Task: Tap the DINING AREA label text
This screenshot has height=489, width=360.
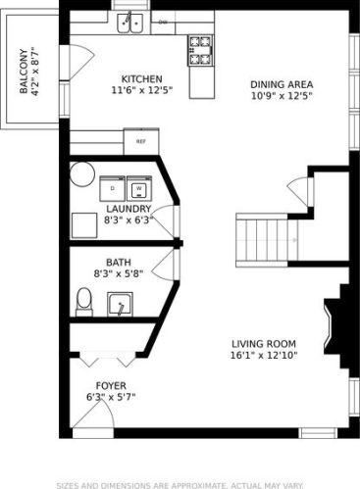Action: pos(279,84)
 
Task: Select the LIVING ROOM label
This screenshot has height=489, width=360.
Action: pos(263,343)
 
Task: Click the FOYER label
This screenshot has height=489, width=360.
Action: pos(109,385)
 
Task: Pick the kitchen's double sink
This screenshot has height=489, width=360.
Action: pos(133,22)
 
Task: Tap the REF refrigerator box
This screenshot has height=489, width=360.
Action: pos(140,141)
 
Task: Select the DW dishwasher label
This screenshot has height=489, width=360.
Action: pos(163,21)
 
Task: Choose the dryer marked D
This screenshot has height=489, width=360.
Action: pos(114,187)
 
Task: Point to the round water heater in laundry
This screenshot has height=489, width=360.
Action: pos(79,173)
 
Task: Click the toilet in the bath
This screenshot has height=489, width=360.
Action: pos(84,304)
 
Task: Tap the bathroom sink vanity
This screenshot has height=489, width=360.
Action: pos(121,307)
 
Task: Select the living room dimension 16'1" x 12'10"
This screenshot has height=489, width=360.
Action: pos(263,355)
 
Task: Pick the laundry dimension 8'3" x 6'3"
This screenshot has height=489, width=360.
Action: pos(128,220)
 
